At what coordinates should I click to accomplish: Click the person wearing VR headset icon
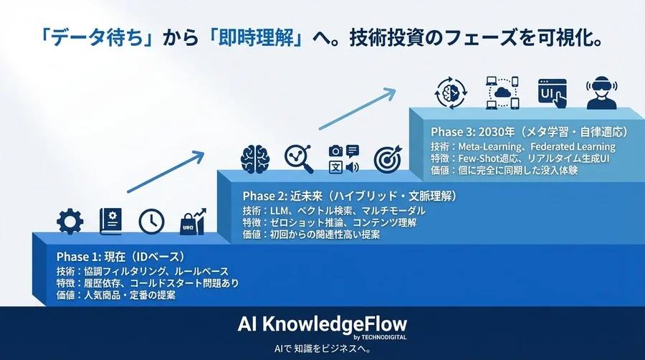point(601,93)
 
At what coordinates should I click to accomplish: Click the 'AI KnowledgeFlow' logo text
point(322,322)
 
